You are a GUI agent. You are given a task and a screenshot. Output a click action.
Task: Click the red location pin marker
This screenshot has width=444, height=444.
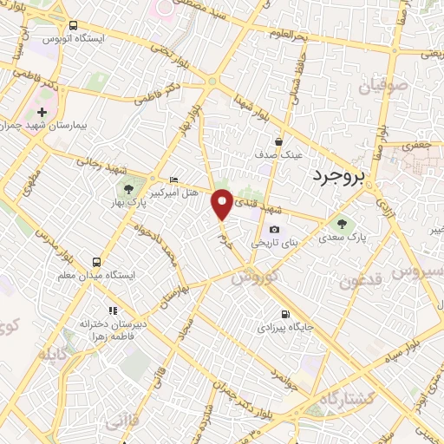coord(223,203)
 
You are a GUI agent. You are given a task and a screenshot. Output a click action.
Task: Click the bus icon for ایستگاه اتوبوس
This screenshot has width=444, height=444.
coord(72,25)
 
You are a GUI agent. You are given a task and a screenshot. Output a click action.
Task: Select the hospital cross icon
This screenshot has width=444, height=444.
coord(42,113)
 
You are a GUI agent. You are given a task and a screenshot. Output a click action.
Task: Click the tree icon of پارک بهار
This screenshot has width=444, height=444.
coord(129,189)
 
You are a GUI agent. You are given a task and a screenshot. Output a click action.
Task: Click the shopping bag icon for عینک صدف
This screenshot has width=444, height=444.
coord(278,141)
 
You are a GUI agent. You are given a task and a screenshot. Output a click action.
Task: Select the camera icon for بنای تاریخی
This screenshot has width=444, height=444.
coord(274,229)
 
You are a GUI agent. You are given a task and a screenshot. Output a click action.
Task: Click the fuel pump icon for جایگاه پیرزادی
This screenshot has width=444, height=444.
coord(284,314)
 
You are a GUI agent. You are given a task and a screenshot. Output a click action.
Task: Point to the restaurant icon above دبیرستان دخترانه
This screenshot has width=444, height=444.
coord(111,310)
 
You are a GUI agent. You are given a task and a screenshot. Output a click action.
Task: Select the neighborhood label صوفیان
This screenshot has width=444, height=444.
coord(362,85)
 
